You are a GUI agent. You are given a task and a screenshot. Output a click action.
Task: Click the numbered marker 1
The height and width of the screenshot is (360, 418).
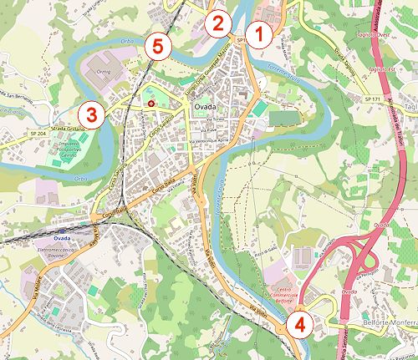(259, 34)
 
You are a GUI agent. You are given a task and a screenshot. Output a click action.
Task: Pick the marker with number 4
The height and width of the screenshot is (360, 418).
(299, 322)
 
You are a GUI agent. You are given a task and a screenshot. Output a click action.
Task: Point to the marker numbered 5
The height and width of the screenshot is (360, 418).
(156, 47)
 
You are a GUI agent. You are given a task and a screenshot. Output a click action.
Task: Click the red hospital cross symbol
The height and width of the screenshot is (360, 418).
(151, 103)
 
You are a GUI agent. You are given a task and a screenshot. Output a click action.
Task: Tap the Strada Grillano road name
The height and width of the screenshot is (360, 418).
(46, 129)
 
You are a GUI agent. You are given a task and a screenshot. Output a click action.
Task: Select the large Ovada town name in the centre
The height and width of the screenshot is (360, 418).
(206, 110)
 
